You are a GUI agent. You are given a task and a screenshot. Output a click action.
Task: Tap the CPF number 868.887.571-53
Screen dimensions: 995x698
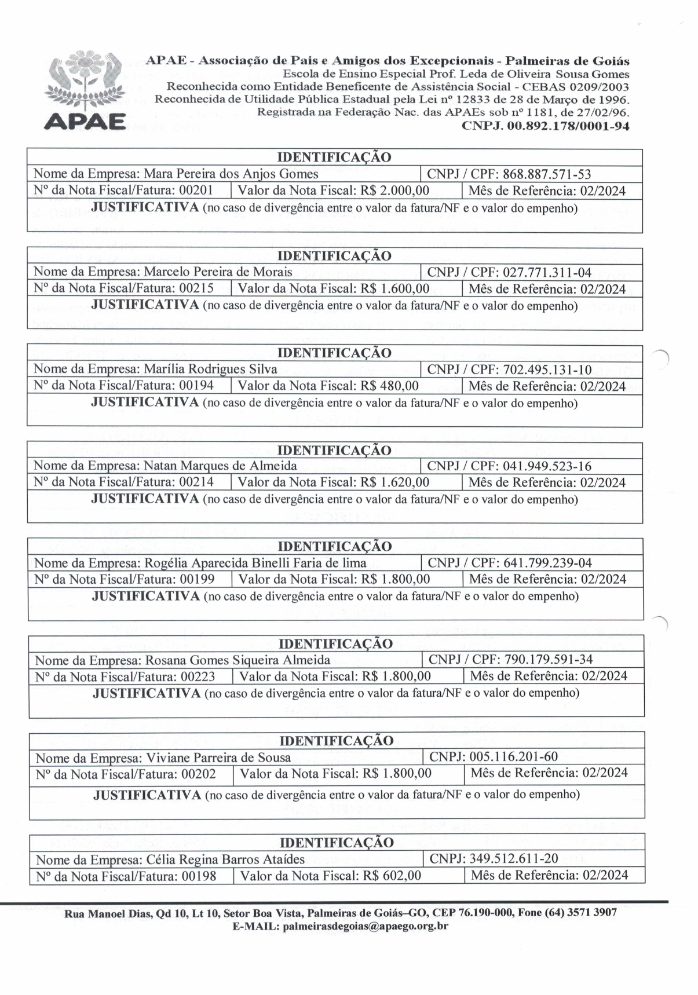[546, 174]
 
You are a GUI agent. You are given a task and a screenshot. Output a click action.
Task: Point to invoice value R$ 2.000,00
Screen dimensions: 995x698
[395, 191]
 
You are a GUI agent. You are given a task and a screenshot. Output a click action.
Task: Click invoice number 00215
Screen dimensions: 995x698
[197, 288]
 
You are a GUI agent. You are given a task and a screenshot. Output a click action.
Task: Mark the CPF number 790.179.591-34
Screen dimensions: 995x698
[549, 659]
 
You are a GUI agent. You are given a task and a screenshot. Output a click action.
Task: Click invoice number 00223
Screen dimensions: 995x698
[198, 676]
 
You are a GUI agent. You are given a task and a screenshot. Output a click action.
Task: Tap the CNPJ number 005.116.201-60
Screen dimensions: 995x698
[514, 756]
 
